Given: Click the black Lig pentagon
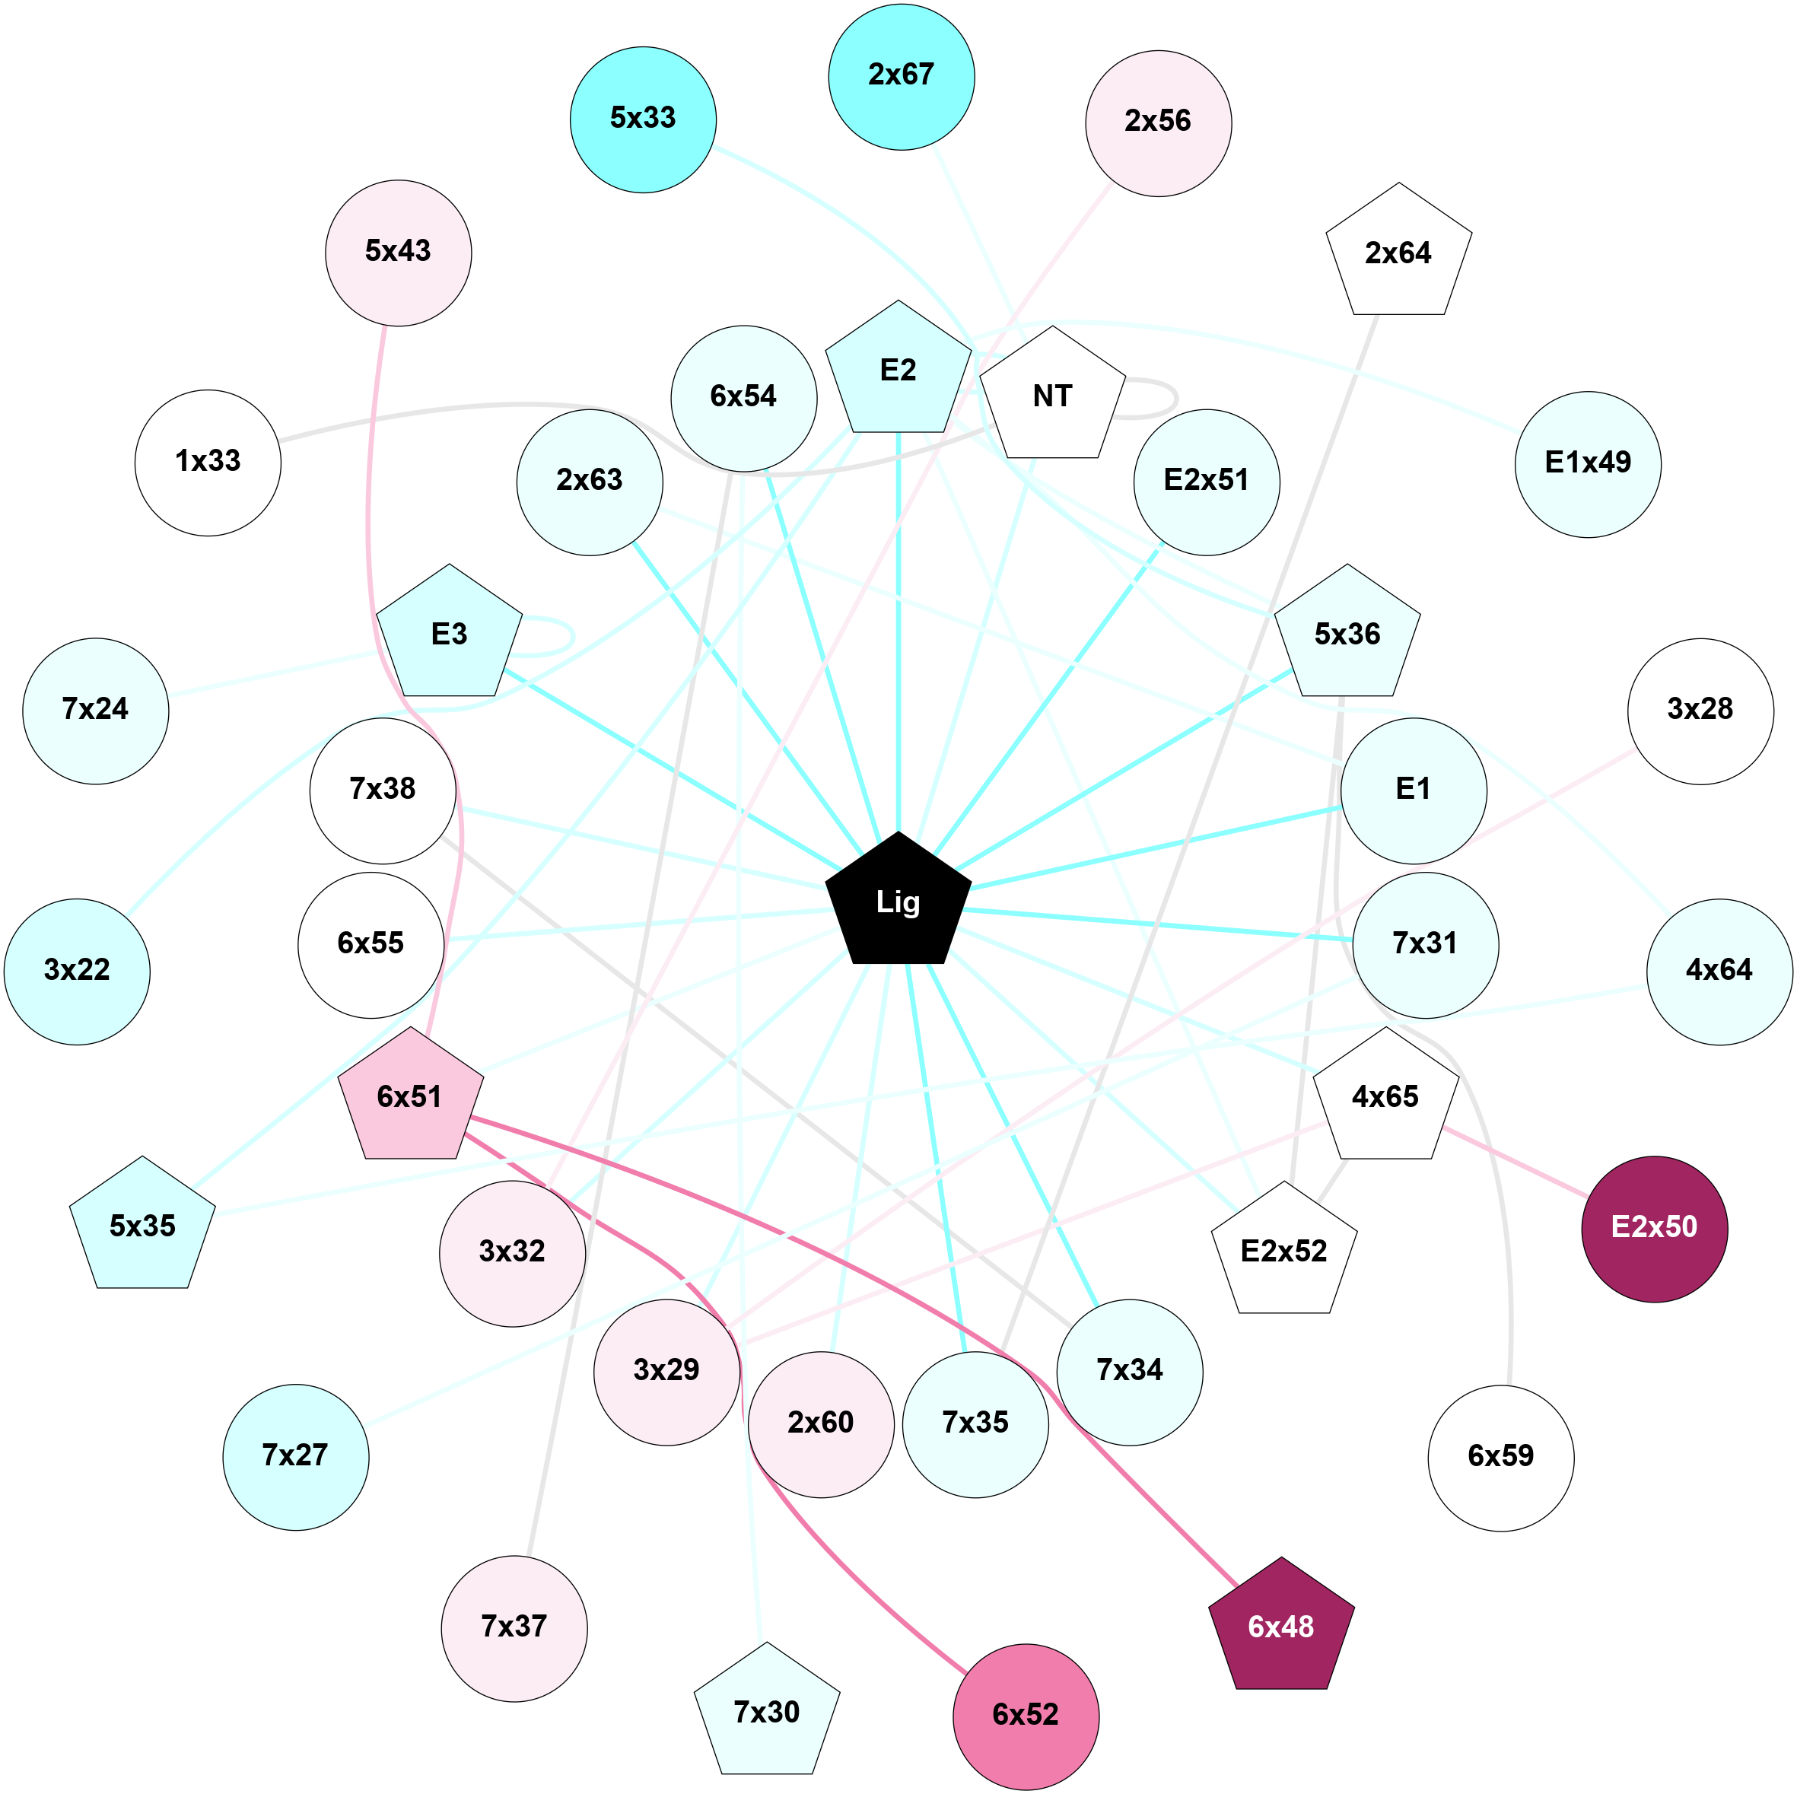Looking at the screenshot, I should [898, 902].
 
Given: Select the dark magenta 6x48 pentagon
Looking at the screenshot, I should [1280, 1626].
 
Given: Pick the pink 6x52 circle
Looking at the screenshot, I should [1025, 1714].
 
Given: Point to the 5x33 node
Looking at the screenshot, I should [643, 119].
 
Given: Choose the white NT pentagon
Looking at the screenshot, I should [1052, 396].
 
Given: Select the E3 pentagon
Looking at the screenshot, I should [449, 635].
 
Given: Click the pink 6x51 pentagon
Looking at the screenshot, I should [410, 1097].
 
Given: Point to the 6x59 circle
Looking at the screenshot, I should [1500, 1455].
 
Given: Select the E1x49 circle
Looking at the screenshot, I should [1587, 463].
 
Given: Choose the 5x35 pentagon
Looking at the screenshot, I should [142, 1226].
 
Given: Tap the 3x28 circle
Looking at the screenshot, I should [1700, 710].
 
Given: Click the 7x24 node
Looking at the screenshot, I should [95, 710].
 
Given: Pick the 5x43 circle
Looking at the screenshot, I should [398, 252].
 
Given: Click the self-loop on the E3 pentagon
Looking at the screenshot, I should [572, 637].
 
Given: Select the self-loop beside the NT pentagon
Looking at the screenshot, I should [1175, 398].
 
